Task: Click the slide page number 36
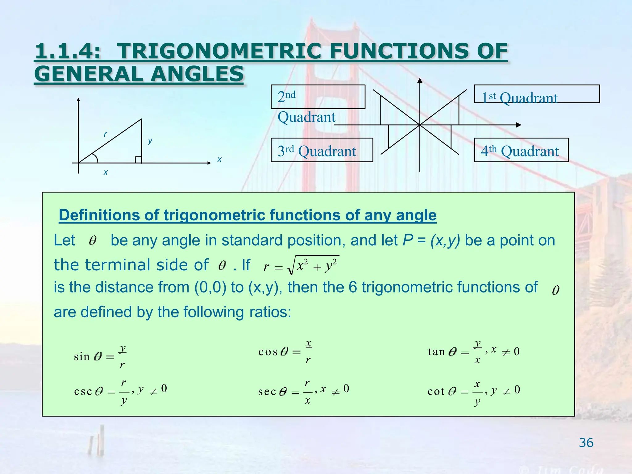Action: [586, 443]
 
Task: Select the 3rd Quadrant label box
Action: [322, 150]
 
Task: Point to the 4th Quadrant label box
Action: [521, 150]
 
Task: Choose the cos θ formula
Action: [285, 351]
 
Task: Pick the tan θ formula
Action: [474, 351]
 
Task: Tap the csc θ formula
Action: [120, 391]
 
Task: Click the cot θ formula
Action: [474, 391]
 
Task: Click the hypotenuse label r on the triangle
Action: [105, 134]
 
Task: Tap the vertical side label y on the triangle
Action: [150, 141]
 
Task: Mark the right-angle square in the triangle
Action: [138, 160]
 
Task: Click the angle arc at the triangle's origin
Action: [95, 158]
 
